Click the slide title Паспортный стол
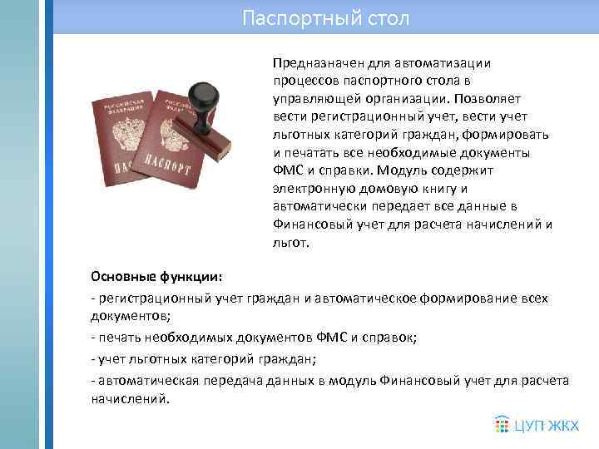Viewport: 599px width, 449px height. pyautogui.click(x=325, y=17)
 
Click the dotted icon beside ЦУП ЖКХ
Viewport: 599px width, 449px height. pyautogui.click(x=502, y=425)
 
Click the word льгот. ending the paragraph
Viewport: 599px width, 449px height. pyautogui.click(x=290, y=244)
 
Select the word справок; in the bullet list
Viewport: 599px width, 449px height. pyautogui.click(x=391, y=337)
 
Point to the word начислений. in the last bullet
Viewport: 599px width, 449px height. pyautogui.click(x=129, y=398)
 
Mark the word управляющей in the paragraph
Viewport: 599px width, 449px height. pyautogui.click(x=312, y=99)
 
